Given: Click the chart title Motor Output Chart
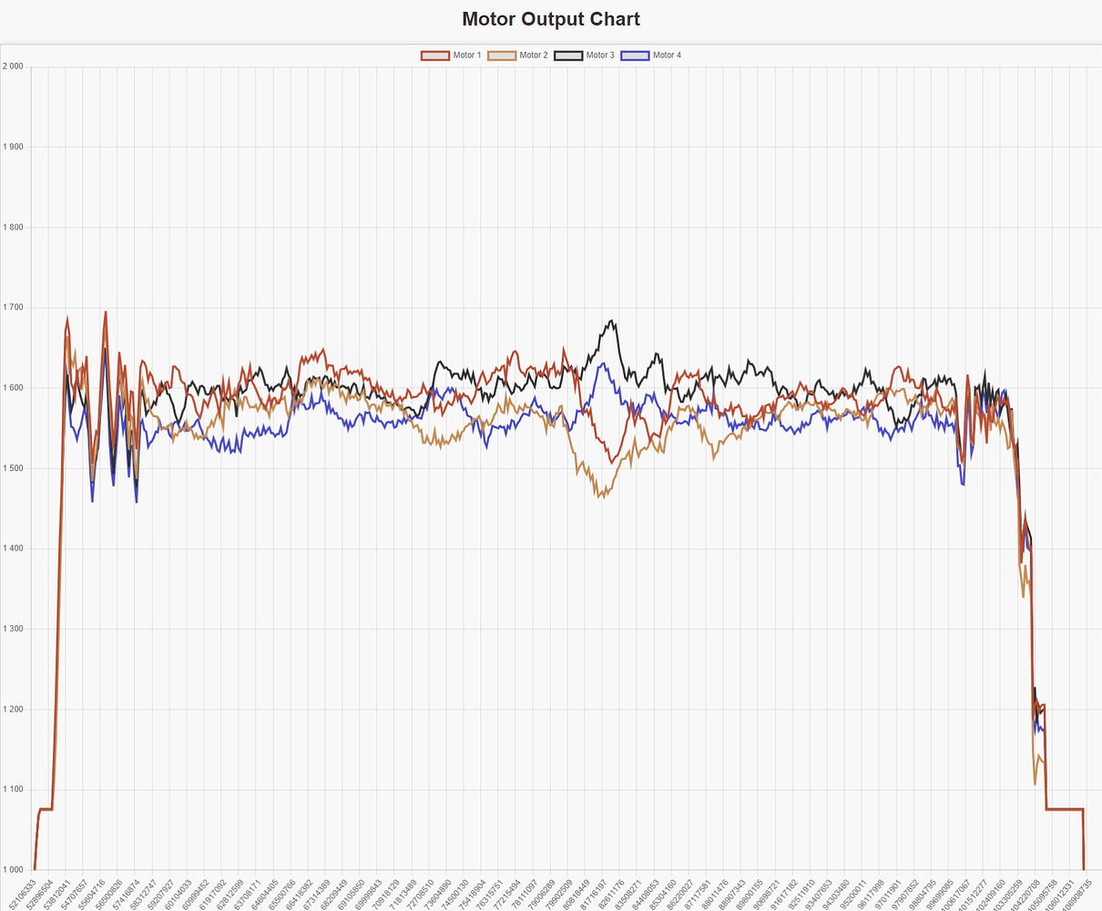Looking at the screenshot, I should tap(550, 19).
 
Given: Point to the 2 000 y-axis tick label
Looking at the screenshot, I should tap(13, 67).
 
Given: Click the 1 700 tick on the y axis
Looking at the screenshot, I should tap(13, 308).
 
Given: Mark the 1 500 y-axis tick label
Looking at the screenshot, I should tap(13, 468).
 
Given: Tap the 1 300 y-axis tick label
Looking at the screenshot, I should tap(13, 630).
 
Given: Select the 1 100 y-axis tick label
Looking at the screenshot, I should tap(13, 790).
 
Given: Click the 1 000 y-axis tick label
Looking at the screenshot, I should tap(13, 870).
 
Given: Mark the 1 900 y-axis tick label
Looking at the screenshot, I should tap(13, 147).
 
